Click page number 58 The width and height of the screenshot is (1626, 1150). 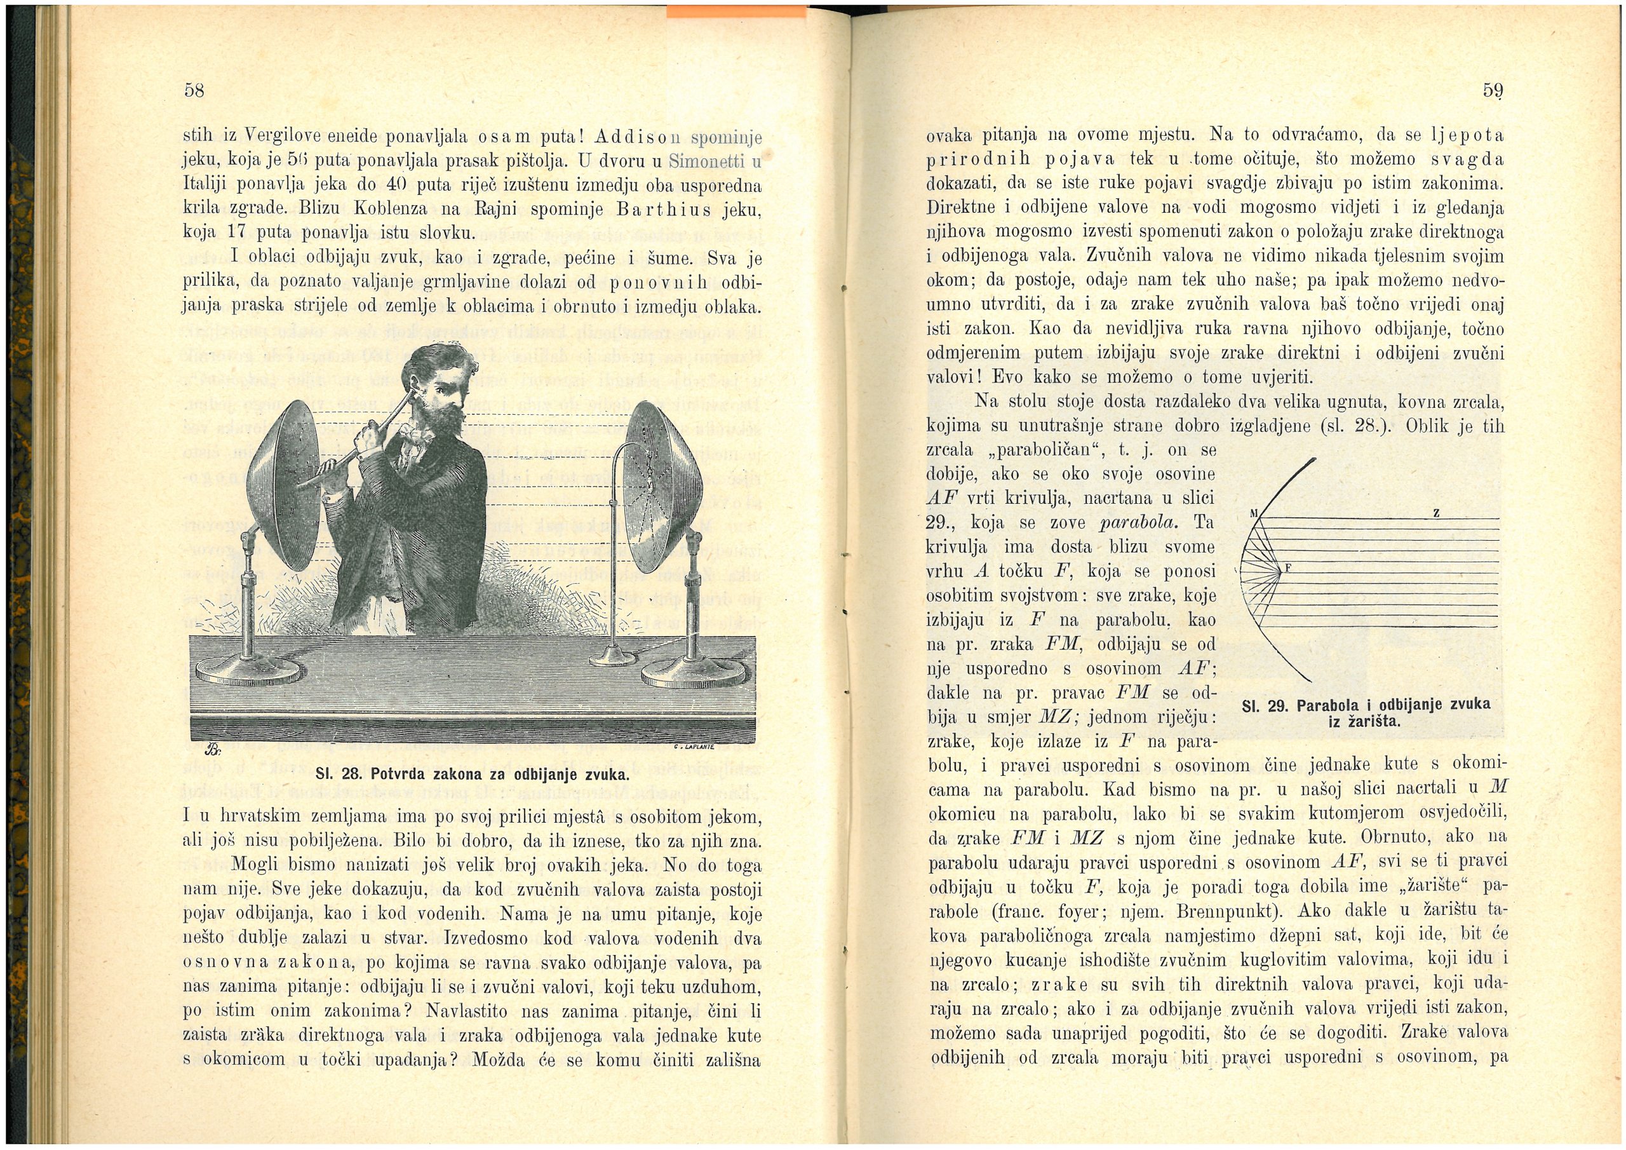click(x=193, y=91)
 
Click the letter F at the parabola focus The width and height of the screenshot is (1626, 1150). click(x=1289, y=567)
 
